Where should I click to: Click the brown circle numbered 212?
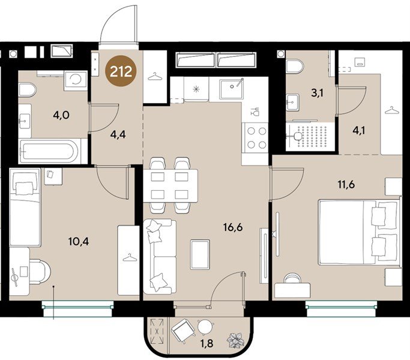click(x=121, y=71)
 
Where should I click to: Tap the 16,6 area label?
click(x=233, y=227)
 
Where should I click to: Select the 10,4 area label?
click(x=79, y=241)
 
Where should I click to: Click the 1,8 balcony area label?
click(x=207, y=343)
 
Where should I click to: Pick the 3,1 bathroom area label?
click(x=317, y=92)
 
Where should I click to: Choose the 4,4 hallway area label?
click(x=118, y=134)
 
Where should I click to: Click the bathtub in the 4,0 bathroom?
click(x=50, y=151)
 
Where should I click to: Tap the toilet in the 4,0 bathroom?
click(x=27, y=90)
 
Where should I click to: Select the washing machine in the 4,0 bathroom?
click(x=76, y=80)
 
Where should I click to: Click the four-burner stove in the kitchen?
click(x=256, y=137)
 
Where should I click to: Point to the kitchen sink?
click(x=231, y=89)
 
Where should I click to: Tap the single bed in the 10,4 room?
click(x=25, y=207)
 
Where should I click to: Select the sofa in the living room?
click(x=160, y=256)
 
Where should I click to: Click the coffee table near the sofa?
click(x=200, y=255)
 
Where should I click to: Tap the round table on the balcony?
click(x=205, y=327)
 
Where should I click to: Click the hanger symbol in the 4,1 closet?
click(x=391, y=110)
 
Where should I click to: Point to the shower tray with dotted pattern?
click(x=310, y=136)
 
